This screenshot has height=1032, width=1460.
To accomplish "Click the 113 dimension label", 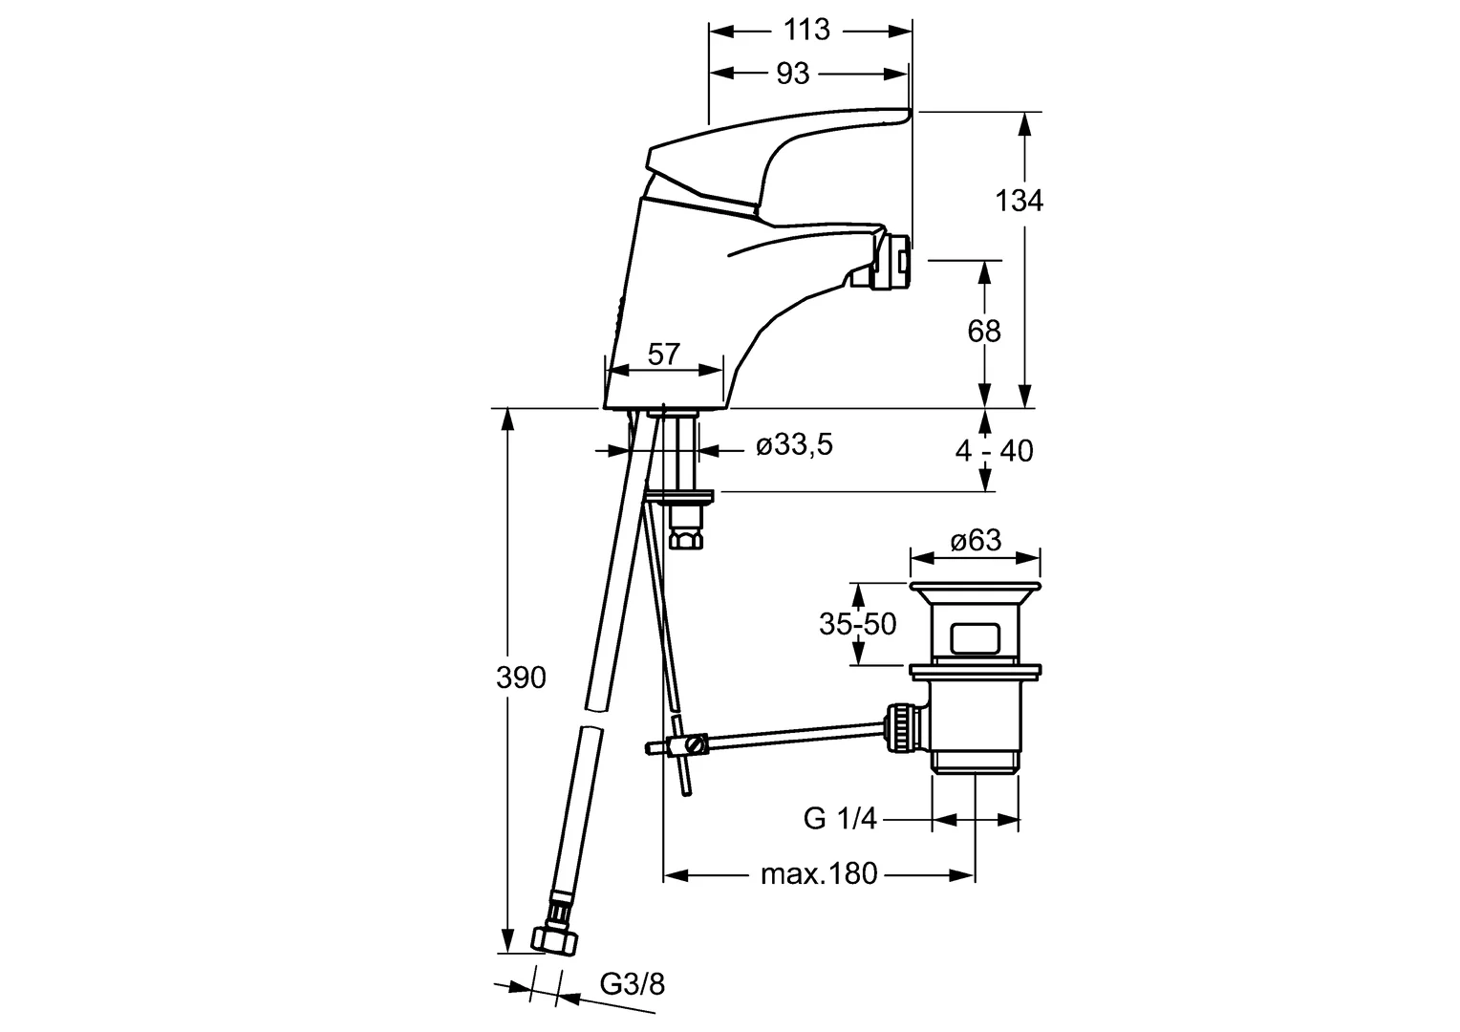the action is pos(806,30).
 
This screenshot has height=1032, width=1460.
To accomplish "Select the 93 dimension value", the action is pos(792,74).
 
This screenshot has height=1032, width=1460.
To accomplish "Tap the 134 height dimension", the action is pos(1019,200).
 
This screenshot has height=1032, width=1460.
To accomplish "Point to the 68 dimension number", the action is pos(983,332).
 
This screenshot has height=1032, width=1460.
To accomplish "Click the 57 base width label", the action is pos(663,354).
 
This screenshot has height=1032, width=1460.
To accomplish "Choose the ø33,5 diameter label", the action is pos(795,444).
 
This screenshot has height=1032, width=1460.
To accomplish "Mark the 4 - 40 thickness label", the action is pos(994,450).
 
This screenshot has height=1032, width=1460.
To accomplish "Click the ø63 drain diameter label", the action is pos(976,540).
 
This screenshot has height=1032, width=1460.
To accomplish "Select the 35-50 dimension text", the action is pos(858,624).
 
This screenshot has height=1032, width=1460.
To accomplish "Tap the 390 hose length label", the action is pos(521,678).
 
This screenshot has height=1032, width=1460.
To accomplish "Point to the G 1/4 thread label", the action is pos(840,818).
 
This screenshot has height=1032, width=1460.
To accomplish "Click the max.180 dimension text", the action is pos(819,873).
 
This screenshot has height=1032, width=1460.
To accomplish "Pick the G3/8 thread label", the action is pos(633,984).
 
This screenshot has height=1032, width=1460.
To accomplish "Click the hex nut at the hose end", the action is pos(555,939).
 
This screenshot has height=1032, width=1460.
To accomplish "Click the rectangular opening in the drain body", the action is pos(975,638).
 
